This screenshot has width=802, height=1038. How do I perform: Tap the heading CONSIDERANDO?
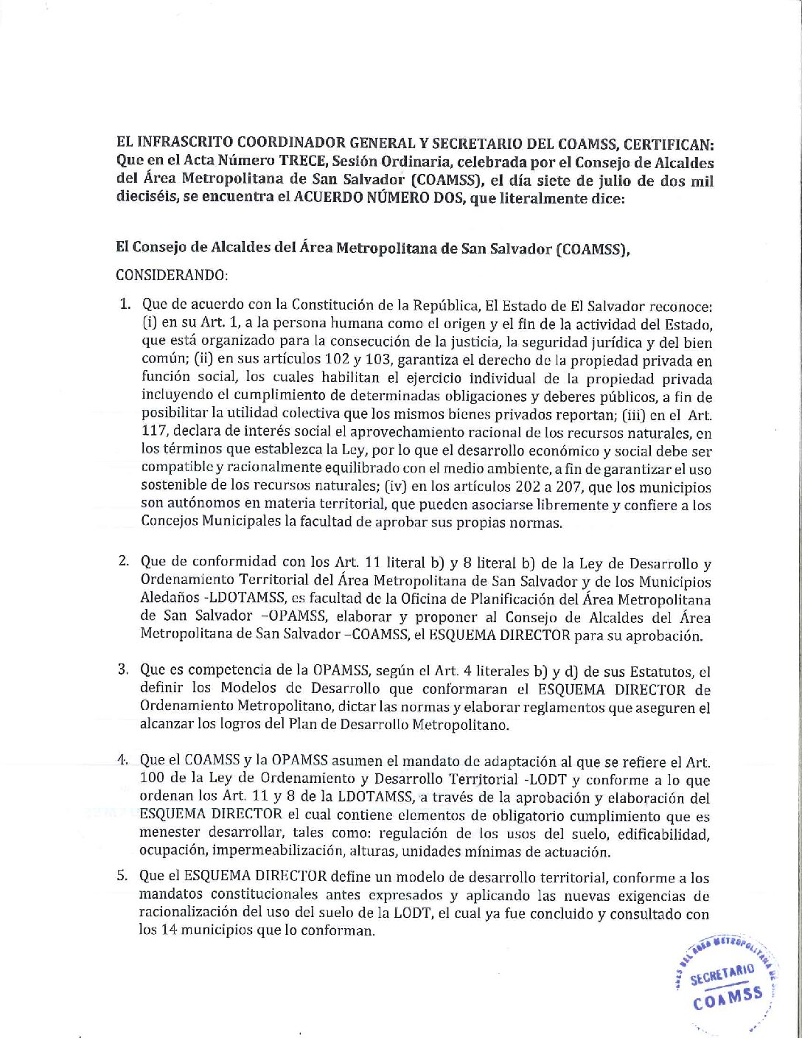click(x=172, y=276)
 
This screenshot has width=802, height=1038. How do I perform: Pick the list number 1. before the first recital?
click(x=126, y=304)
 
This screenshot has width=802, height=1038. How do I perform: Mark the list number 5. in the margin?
click(x=125, y=877)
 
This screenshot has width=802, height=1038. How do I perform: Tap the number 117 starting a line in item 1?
click(x=153, y=433)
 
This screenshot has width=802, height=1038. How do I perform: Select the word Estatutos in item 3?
click(x=658, y=671)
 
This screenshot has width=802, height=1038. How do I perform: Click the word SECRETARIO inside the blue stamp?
click(x=723, y=975)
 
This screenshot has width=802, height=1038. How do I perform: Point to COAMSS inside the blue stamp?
click(x=728, y=998)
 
